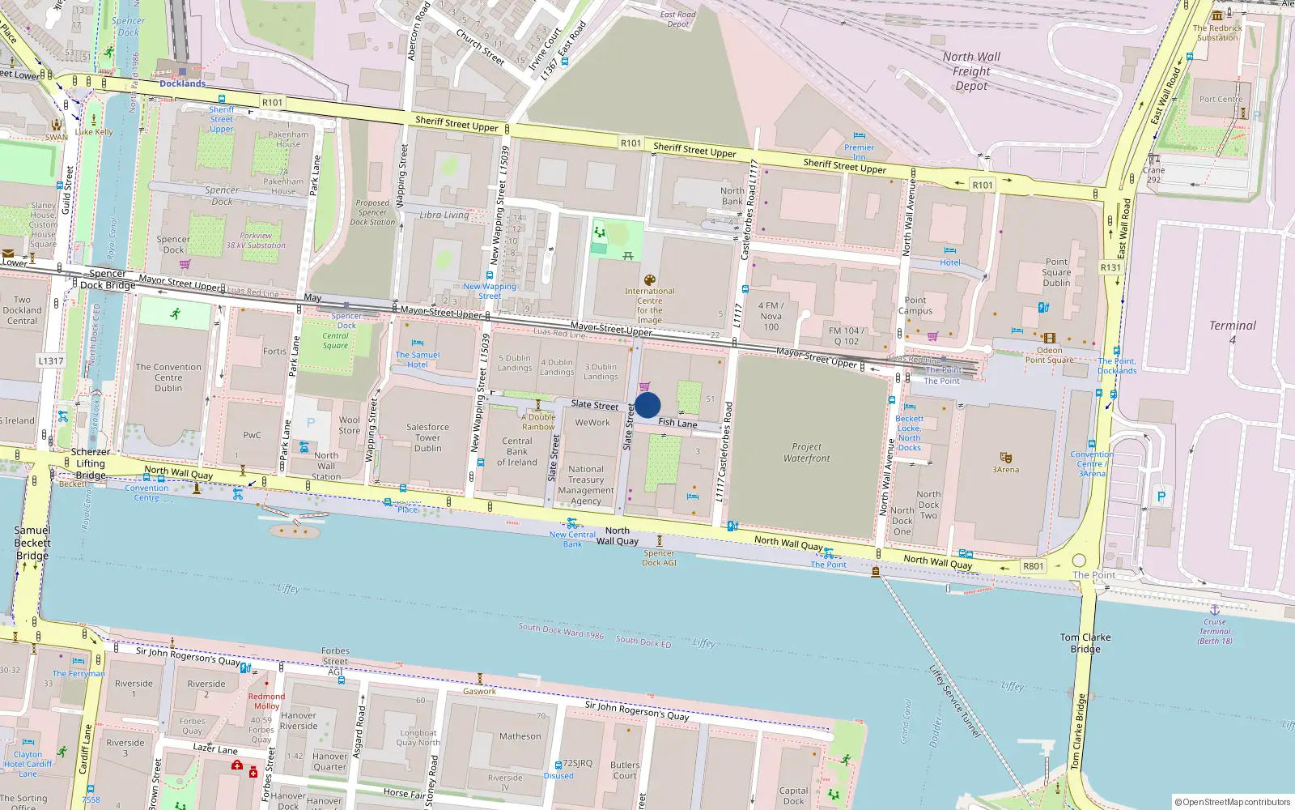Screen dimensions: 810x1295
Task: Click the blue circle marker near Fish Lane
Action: click(647, 405)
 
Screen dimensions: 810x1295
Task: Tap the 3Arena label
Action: click(1006, 470)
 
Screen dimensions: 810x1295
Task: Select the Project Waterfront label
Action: click(806, 452)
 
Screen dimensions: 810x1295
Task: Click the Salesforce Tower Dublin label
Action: click(427, 437)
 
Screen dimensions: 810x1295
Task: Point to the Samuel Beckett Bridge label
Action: click(32, 543)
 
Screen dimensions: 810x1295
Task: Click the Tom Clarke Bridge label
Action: click(1085, 642)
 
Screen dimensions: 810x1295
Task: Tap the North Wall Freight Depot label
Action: click(971, 71)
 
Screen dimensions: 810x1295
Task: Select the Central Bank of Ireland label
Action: click(517, 452)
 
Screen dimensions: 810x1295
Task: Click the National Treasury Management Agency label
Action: click(586, 484)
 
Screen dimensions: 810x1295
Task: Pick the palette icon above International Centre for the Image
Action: click(649, 280)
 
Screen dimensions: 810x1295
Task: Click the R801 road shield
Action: click(1033, 566)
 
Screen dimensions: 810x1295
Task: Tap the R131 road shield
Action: click(1110, 267)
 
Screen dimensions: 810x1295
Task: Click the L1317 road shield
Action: click(50, 360)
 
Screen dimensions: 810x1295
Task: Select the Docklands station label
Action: click(182, 83)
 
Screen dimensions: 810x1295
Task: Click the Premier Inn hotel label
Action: click(859, 151)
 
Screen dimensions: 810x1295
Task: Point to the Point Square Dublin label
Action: click(1056, 272)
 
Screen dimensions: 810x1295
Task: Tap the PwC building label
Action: click(252, 435)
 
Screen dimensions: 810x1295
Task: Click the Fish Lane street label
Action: click(677, 423)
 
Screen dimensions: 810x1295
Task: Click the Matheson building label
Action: click(520, 736)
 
